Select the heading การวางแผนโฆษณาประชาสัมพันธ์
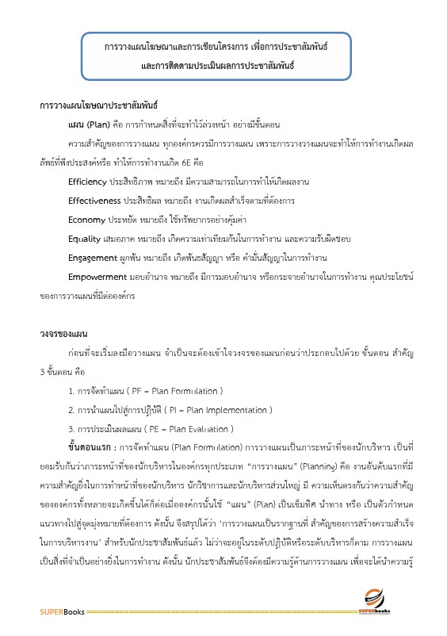(x=99, y=105)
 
